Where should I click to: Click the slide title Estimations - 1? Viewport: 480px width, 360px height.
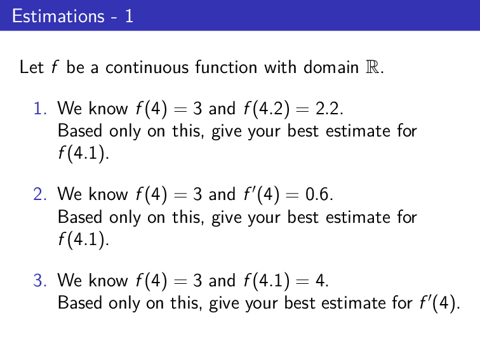[72, 16]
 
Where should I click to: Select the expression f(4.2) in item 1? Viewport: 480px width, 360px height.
[263, 109]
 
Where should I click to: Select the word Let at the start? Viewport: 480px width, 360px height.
[31, 67]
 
